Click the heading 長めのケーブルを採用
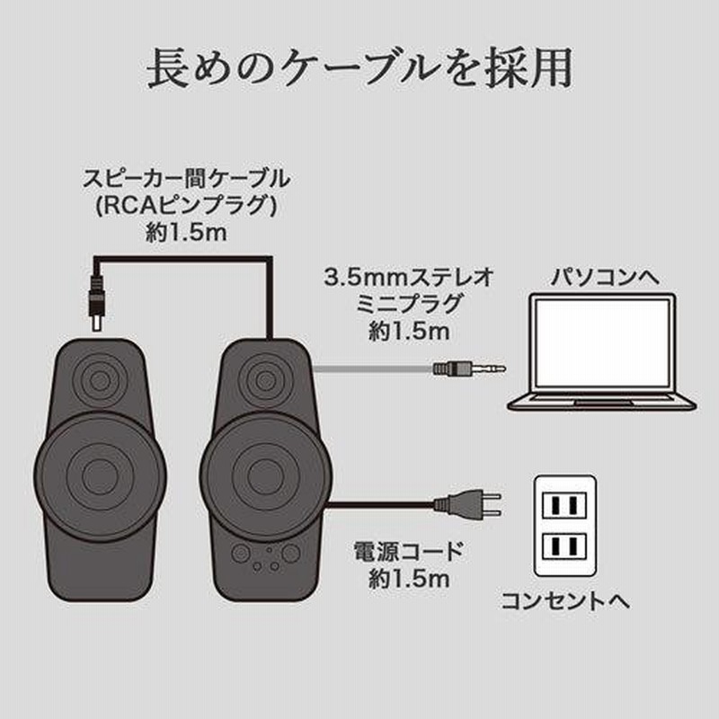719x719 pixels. tap(359, 69)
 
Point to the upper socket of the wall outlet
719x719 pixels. tap(564, 505)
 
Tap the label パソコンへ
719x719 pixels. tap(605, 278)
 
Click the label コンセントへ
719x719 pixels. tap(565, 601)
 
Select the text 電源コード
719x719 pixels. tap(408, 551)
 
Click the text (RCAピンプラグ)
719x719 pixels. tap(186, 206)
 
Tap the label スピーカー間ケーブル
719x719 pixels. tap(186, 179)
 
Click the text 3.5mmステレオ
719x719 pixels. tap(408, 278)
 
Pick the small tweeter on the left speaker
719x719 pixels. tap(100, 379)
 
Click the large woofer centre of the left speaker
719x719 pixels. tap(100, 475)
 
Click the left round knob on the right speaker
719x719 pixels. tap(241, 554)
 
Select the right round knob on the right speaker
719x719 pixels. tap(290, 554)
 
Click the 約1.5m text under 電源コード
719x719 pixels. tap(408, 580)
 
